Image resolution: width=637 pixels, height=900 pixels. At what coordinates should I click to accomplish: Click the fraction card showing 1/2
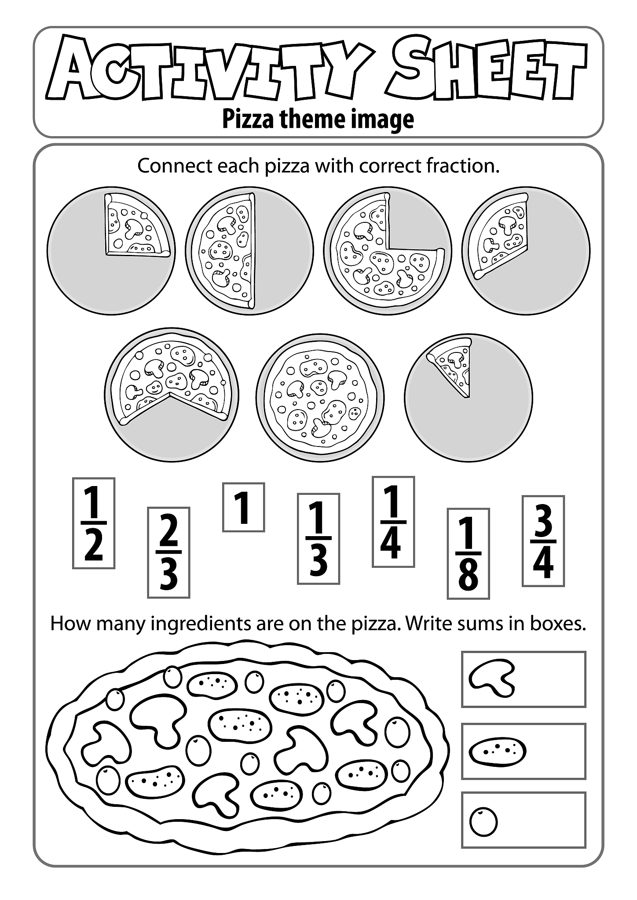94,523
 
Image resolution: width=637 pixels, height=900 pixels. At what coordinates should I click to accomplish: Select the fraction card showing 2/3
168,553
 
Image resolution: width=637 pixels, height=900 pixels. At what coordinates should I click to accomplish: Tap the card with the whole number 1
243,508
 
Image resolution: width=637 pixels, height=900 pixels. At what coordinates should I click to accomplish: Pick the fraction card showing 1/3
318,539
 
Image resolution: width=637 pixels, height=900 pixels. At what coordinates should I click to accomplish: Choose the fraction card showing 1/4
393,522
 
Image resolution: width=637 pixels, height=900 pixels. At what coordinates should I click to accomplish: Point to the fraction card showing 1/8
469,554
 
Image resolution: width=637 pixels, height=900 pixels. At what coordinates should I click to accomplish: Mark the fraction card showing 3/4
543,541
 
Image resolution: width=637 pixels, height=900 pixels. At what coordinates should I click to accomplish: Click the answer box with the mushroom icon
524,679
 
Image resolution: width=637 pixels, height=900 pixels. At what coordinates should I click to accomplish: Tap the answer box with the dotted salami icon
524,751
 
